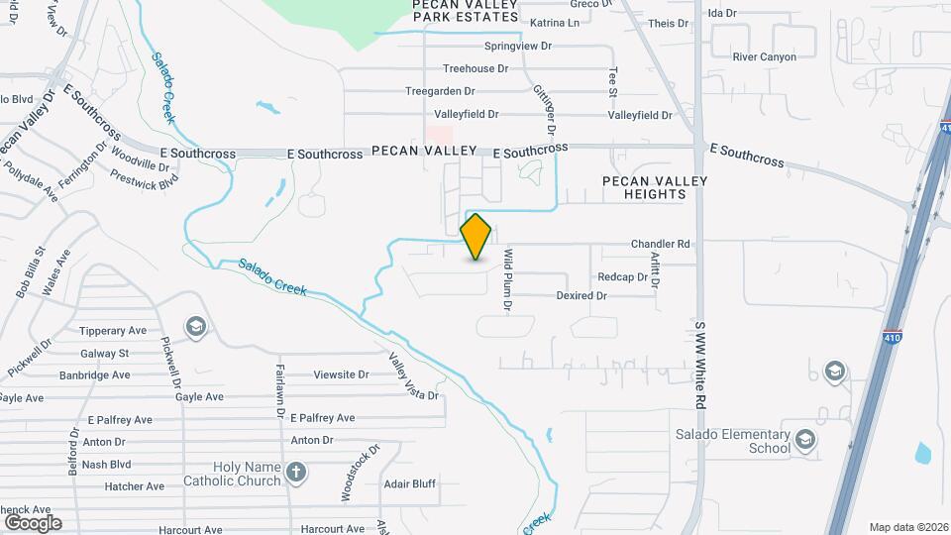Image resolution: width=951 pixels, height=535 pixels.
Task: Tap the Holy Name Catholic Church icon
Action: [296, 474]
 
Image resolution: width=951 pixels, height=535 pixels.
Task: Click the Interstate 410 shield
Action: [893, 338]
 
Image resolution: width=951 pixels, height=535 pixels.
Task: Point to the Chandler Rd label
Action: [660, 244]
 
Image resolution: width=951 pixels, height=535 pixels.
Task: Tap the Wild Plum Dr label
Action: [507, 281]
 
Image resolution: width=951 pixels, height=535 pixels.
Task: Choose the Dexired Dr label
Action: [581, 295]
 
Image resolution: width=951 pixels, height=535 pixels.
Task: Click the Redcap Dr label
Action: [622, 277]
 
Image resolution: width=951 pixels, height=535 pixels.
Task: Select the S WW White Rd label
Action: [699, 365]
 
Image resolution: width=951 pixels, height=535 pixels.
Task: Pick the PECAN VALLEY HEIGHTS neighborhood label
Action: [655, 187]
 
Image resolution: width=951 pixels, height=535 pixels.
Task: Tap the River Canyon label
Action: [764, 57]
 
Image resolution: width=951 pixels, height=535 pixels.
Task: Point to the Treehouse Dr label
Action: [475, 68]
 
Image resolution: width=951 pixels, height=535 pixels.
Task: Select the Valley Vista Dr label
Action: [413, 377]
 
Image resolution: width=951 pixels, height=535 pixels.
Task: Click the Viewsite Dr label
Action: [341, 375]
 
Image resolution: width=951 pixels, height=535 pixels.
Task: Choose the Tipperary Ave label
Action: [113, 331]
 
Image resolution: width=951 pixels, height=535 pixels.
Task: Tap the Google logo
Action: [33, 522]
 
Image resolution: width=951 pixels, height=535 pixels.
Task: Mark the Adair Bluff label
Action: [410, 484]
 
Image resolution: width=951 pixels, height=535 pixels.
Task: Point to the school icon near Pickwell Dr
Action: [196, 326]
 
